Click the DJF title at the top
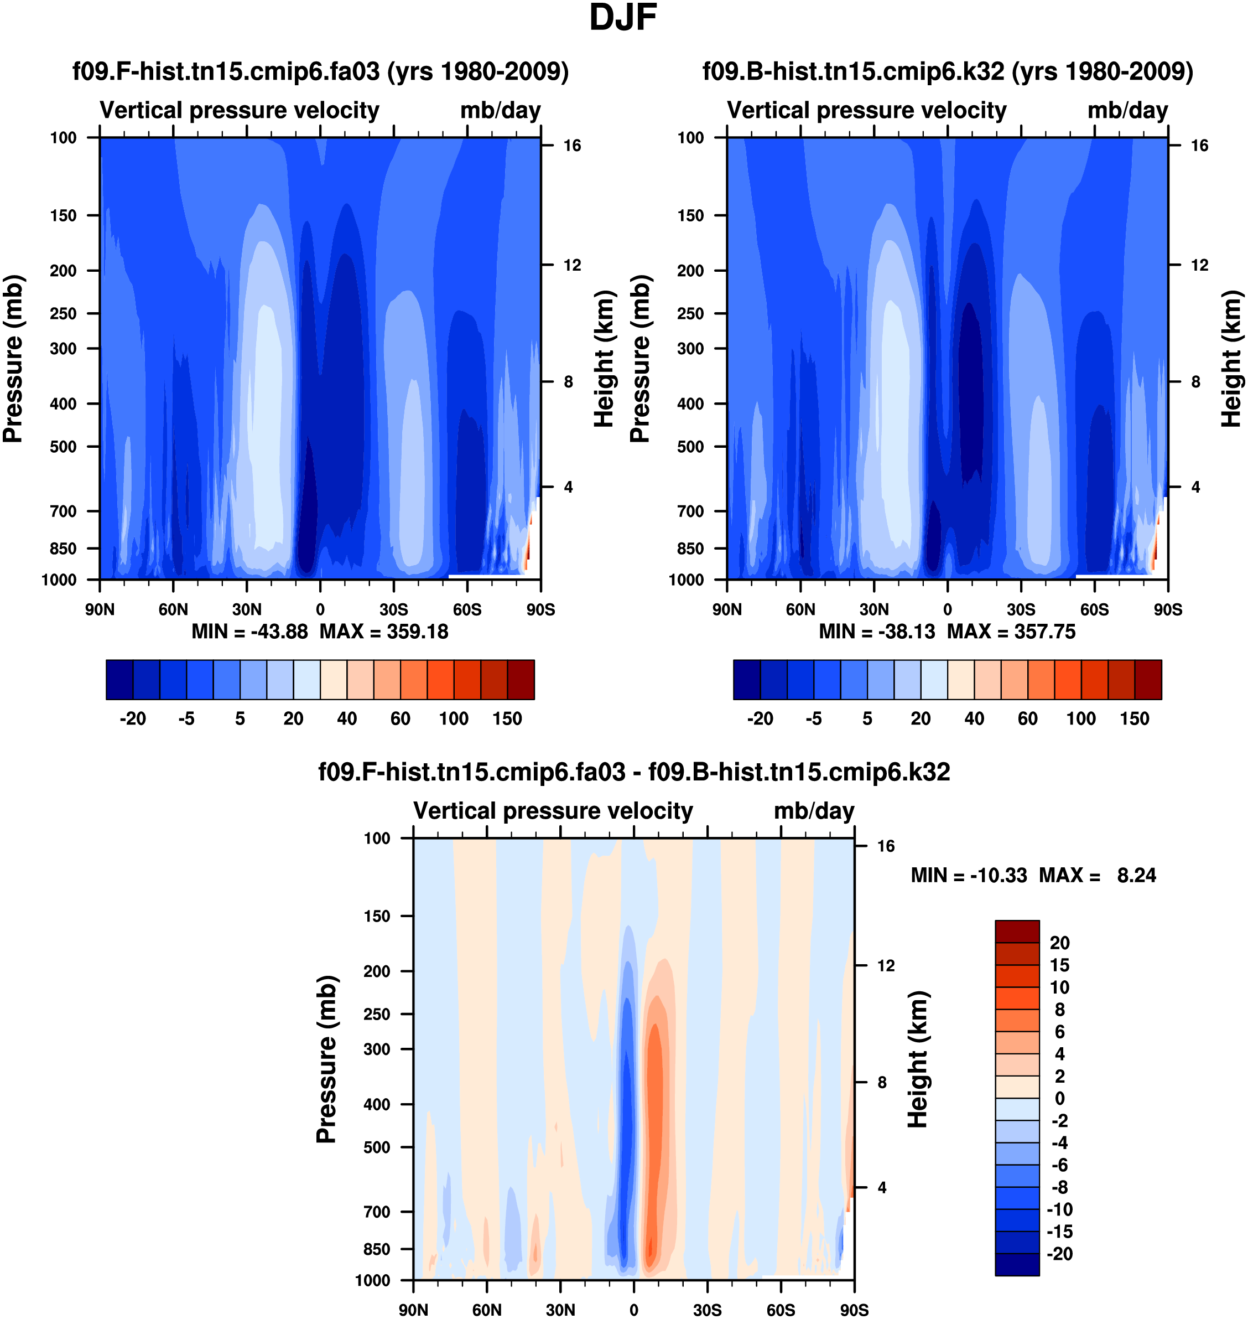point(623,18)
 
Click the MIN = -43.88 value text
point(249,632)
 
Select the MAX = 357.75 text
point(1011,632)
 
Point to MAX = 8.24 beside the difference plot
point(1097,875)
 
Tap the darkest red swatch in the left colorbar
point(520,680)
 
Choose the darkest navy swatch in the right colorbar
point(746,680)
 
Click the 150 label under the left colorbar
point(507,719)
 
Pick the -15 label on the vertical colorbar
point(1060,1231)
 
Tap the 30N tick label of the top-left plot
point(247,609)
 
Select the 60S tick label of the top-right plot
point(1094,609)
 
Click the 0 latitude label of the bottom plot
point(633,1310)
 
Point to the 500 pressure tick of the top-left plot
point(63,447)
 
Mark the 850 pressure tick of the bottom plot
point(377,1249)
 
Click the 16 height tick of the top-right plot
point(1199,146)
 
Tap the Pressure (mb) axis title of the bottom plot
point(326,1059)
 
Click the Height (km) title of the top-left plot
point(603,359)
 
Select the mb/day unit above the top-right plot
point(1127,111)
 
